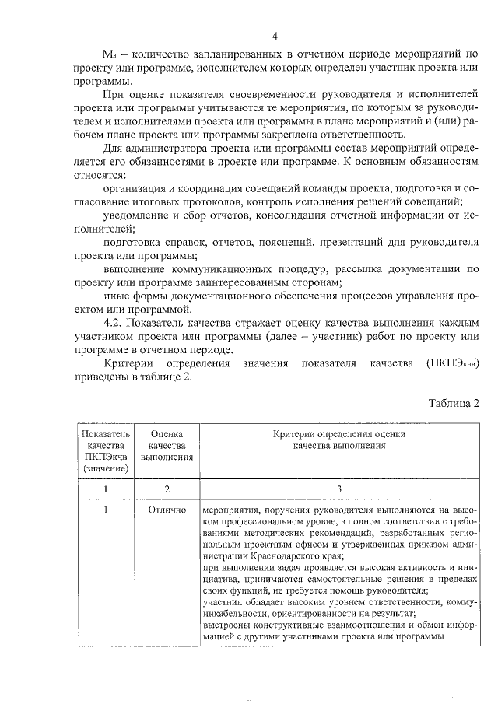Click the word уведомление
pyautogui.click(x=136, y=215)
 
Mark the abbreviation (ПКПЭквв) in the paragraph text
pyautogui.click(x=451, y=363)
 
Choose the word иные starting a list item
pyautogui.click(x=116, y=296)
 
